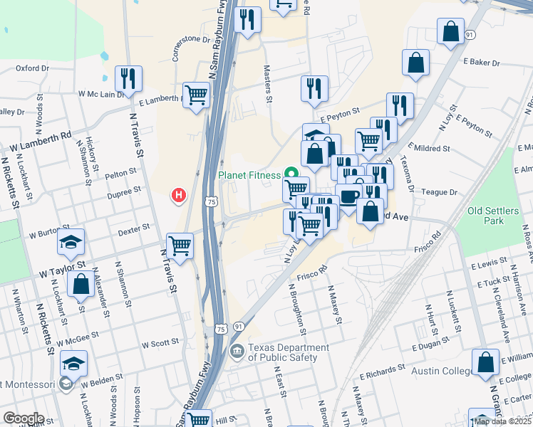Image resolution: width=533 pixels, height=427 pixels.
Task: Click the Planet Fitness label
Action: point(250,174)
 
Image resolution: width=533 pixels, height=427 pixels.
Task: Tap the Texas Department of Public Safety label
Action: point(289,352)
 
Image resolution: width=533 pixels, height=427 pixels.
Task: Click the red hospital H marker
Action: point(180,194)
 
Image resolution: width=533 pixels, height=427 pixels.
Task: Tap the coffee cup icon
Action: point(348,196)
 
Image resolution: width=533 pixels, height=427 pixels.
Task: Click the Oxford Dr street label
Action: point(32,68)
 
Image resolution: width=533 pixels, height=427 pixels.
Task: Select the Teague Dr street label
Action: point(439,192)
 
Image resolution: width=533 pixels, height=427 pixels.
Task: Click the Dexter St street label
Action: point(134,228)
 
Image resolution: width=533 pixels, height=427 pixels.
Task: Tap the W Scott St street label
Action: point(160,344)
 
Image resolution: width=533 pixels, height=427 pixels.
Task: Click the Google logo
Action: point(24,418)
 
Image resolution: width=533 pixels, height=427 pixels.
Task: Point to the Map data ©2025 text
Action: point(502,421)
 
